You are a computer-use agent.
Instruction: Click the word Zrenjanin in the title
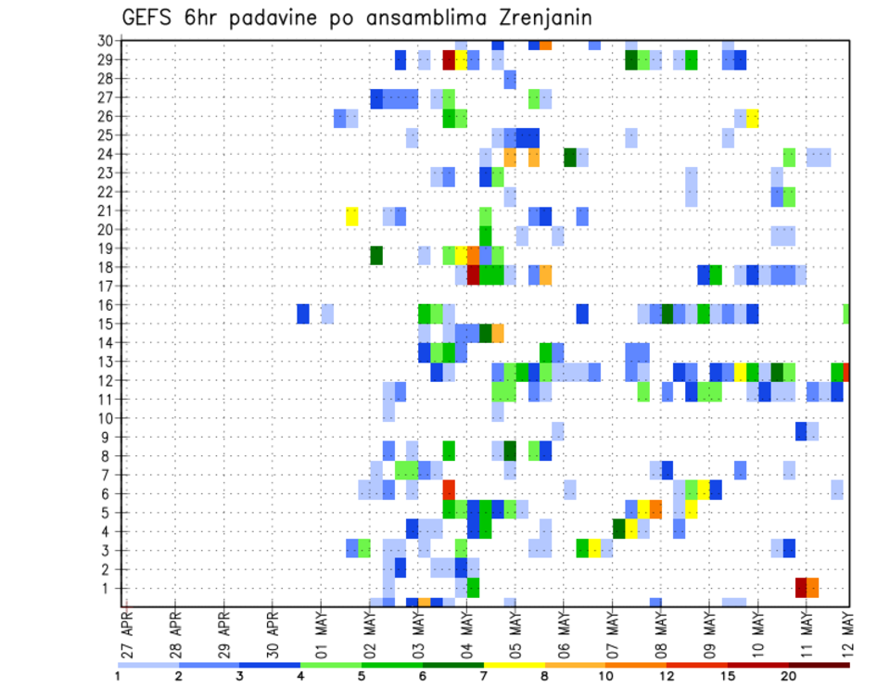click(x=539, y=19)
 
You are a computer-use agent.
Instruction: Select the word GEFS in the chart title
click(x=146, y=19)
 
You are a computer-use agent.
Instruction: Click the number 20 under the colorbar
click(x=789, y=676)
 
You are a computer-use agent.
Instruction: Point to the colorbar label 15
click(x=728, y=676)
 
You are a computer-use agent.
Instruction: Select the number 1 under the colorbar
click(x=118, y=676)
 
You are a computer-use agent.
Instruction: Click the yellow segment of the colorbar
click(x=514, y=664)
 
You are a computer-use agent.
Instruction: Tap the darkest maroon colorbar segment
click(x=819, y=664)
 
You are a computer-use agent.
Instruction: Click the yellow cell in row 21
click(x=352, y=216)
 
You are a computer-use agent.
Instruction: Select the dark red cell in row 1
click(x=801, y=588)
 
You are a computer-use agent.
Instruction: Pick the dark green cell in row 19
click(x=376, y=254)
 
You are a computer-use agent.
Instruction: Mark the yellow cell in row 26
click(x=753, y=118)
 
